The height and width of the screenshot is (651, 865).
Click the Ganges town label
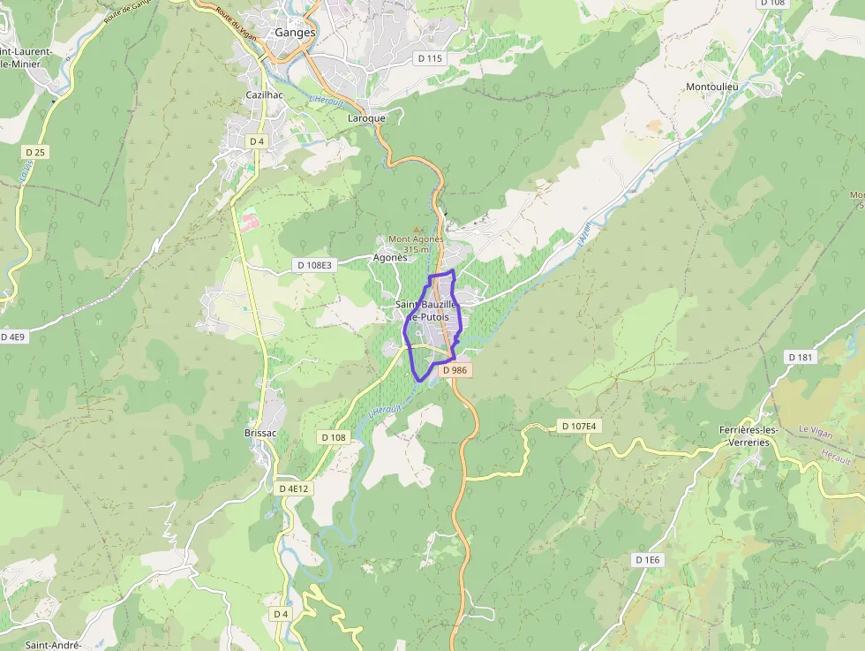295,33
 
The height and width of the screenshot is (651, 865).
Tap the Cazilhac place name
263,95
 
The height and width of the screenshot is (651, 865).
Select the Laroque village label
366,118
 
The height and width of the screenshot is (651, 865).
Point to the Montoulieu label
711,87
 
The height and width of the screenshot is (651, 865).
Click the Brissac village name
261,433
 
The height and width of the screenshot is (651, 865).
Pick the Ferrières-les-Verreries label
748,436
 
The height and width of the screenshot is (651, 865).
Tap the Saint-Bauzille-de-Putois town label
428,311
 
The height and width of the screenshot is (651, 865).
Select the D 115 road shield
429,58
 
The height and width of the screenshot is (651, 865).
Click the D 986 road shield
454,370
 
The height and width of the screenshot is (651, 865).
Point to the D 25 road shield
35,153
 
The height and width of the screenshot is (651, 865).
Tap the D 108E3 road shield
315,265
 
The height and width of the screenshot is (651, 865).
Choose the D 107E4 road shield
579,427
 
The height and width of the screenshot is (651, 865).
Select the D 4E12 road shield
294,488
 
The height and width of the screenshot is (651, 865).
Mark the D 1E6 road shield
647,560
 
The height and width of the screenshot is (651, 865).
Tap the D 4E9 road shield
13,337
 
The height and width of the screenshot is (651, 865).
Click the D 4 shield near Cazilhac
257,141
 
